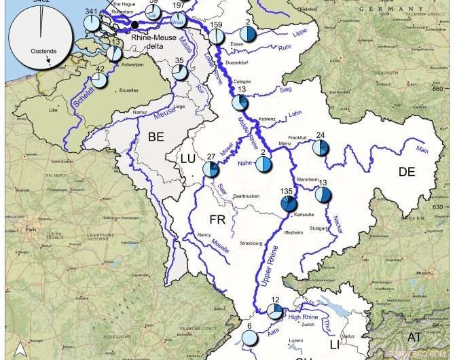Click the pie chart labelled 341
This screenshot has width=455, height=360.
click(x=92, y=23)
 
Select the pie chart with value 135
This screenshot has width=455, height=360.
click(x=289, y=204)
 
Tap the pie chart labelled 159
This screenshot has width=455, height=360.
click(x=216, y=37)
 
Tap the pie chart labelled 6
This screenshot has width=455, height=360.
click(x=250, y=339)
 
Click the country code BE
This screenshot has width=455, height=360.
click(x=156, y=137)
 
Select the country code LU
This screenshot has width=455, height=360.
click(x=187, y=159)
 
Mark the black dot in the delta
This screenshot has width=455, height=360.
click(x=135, y=25)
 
